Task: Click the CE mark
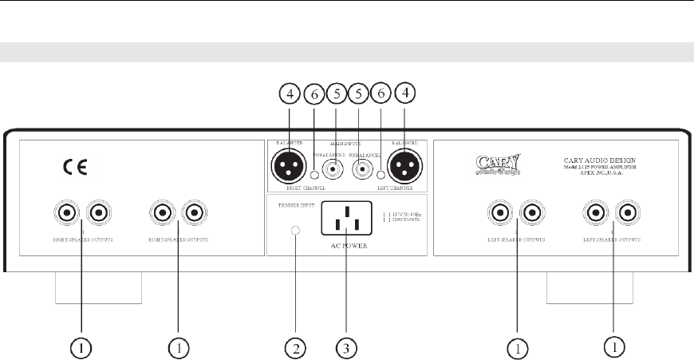[76, 168]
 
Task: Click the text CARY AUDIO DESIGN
[603, 160]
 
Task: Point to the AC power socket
[345, 217]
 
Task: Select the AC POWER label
[345, 243]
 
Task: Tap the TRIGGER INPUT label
[290, 204]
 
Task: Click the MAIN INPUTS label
[345, 144]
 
